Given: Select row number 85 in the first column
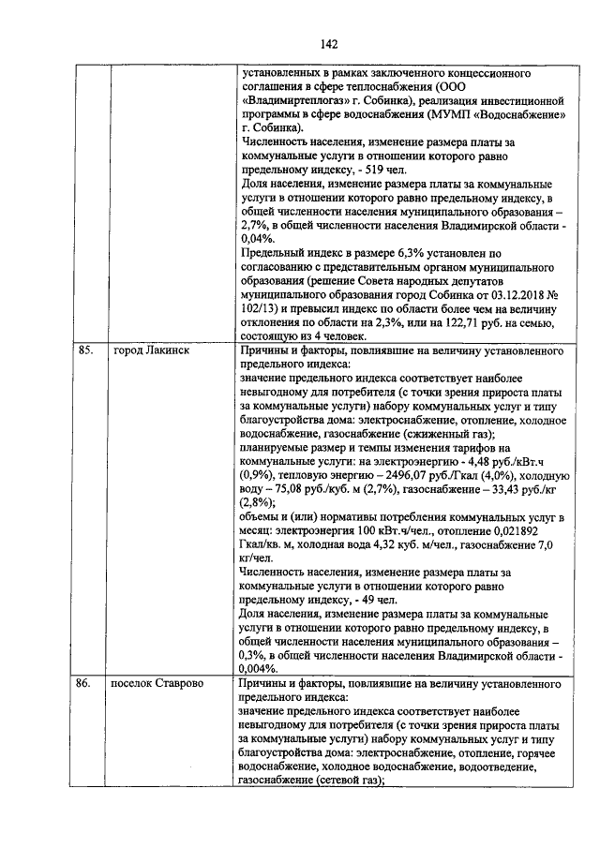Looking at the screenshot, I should pyautogui.click(x=84, y=351).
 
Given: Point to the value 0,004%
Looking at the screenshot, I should pyautogui.click(x=257, y=670).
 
